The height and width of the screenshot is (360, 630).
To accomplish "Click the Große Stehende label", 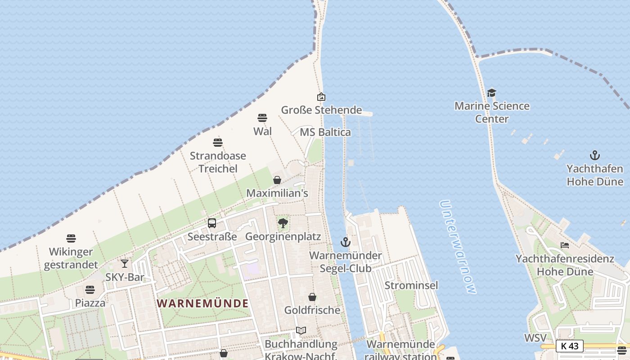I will [321, 110].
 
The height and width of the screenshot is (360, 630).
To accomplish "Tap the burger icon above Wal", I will [262, 118].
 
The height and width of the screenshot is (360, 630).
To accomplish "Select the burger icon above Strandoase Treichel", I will [218, 143].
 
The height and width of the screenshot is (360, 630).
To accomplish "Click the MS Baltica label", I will [325, 132].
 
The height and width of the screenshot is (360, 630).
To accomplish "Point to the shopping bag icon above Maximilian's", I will [277, 180].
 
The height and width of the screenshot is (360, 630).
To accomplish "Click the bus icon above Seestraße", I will [212, 223].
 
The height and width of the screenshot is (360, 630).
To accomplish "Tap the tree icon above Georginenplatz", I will [283, 223].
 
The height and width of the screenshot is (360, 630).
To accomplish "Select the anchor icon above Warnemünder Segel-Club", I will [345, 242].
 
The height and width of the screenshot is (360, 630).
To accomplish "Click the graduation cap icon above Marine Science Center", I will [491, 93].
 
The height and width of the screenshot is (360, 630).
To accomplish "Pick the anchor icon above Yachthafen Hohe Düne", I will [595, 155].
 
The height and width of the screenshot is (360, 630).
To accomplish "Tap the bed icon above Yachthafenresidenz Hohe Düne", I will [565, 245].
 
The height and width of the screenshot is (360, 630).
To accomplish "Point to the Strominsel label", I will [411, 285].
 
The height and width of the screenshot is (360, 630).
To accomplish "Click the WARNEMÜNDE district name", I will [202, 303].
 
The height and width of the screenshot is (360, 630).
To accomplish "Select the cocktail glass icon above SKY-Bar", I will [125, 264].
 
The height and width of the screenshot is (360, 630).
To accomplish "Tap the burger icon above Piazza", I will [90, 289].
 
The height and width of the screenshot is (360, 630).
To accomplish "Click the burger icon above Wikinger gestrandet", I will [71, 238].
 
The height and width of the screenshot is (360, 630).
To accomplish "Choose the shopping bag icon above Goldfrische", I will [312, 297].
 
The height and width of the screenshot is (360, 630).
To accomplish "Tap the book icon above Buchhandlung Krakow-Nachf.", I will [301, 331].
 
